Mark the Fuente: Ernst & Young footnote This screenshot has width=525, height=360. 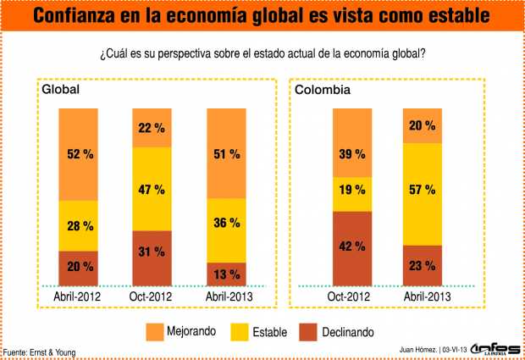(44, 352)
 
